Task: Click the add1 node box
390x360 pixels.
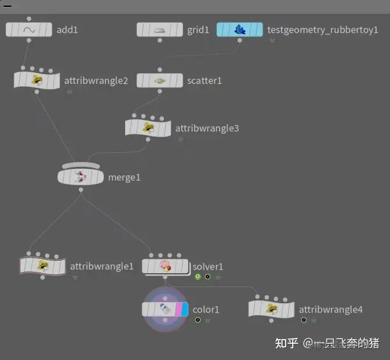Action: point(29,30)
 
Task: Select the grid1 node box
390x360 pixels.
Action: point(160,30)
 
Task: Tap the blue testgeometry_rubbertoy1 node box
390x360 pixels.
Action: point(239,30)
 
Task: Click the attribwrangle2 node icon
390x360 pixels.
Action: point(37,80)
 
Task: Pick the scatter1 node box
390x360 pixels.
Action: point(160,80)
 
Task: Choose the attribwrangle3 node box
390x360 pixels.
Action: point(148,128)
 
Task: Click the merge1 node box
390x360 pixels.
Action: point(81,177)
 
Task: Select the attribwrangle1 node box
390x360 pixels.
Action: point(42,266)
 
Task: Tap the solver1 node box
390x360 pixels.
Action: point(166,266)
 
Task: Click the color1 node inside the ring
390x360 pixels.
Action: point(166,309)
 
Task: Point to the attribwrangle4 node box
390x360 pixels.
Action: point(271,309)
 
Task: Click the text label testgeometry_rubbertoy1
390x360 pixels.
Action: point(322,30)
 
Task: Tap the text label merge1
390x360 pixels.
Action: point(124,177)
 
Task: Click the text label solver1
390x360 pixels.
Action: point(208,267)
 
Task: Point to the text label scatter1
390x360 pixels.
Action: point(203,80)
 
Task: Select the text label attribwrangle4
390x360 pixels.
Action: point(330,310)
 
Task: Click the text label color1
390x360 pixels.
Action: point(206,310)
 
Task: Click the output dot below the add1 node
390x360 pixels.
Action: point(29,41)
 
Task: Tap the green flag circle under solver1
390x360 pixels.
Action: point(198,277)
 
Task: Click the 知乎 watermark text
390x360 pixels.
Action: point(286,343)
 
